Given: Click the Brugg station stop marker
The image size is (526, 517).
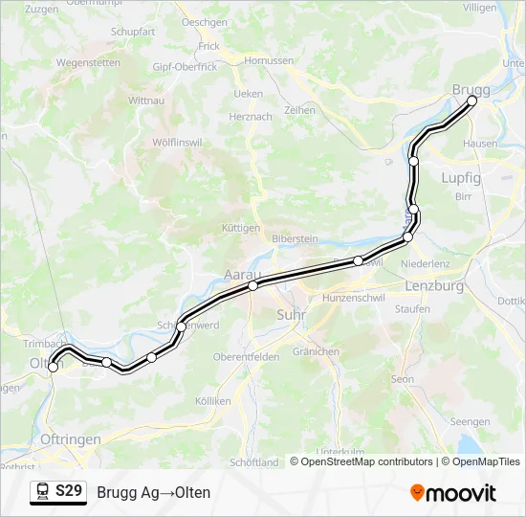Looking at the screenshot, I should pos(471,101).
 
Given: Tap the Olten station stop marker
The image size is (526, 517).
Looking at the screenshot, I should pos(54,367).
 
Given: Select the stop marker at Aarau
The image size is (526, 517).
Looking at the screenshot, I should pos(252,285).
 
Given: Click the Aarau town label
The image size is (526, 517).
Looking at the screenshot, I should pos(241,275).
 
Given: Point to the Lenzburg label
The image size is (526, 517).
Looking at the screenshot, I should pos(434,286).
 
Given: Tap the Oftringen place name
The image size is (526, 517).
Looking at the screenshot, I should pos(72,438).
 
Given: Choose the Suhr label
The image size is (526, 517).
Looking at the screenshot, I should pos(289,314).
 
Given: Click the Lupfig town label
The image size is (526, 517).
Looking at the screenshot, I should pos(461,178).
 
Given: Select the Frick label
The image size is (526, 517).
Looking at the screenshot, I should pos(208,46).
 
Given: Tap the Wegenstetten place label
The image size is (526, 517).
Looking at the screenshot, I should pos(88,63).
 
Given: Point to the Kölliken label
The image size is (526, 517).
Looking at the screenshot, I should pos(213,401).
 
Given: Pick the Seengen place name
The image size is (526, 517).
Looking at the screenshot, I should pos(471,421).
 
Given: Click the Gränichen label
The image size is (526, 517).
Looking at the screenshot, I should pos(317,351).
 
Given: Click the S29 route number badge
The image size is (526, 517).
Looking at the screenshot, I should pos(68,491).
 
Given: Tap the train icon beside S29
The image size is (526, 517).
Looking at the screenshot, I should pos(42,492).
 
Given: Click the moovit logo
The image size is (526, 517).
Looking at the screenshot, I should pos(453,493).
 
